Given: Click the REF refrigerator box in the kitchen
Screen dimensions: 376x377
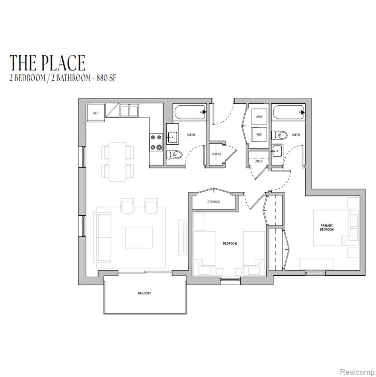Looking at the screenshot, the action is tap(96, 113).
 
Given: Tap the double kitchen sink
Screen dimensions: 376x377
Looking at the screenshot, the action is tap(129, 110).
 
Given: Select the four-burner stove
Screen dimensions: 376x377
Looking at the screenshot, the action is tap(156, 142).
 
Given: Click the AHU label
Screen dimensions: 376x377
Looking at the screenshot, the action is tap(259, 117).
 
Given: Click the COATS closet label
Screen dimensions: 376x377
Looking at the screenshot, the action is tap(216, 154).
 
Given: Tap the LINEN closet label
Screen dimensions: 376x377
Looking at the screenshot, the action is tap(259, 161).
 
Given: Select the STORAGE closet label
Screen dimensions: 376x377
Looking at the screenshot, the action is tap(214, 202).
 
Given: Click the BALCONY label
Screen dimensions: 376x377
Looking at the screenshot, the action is tap(144, 293).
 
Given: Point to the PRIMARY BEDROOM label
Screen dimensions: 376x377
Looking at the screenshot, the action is tap(327, 228).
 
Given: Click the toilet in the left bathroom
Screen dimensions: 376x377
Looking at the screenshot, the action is tap(174, 155).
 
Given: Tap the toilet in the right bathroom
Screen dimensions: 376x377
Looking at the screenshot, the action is tap(279, 135).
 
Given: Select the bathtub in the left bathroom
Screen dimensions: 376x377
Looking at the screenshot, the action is tap(189, 112).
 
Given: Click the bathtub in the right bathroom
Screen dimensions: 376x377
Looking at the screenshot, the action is tap(288, 112).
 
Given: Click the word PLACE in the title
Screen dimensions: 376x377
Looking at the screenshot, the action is tap(65, 63).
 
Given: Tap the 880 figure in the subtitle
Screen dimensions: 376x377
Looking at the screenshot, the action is tap(101, 78).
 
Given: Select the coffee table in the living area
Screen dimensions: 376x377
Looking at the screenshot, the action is tap(139, 238).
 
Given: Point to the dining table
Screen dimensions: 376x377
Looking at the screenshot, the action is tap(117, 162).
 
